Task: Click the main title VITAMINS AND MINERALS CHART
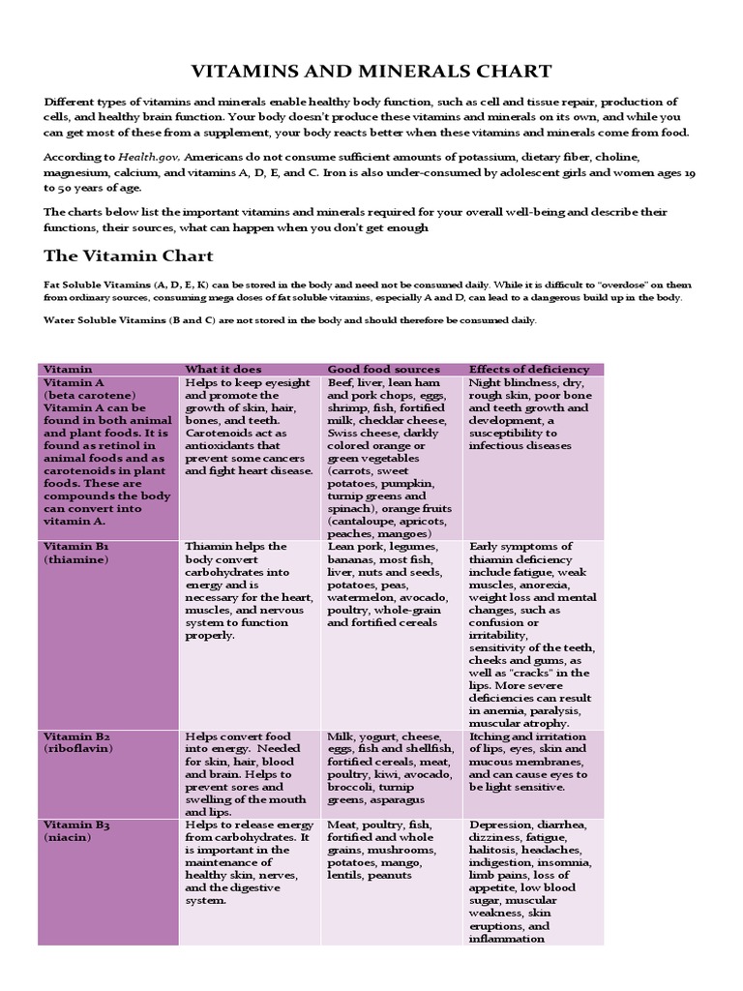point(371,71)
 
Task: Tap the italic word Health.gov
point(150,156)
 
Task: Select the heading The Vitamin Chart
point(129,256)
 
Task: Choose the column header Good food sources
point(383,369)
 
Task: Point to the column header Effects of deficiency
point(528,369)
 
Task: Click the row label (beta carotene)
point(90,396)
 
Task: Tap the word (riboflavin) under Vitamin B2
point(78,749)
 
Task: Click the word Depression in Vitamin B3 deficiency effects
point(503,825)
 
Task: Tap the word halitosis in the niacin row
point(494,850)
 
